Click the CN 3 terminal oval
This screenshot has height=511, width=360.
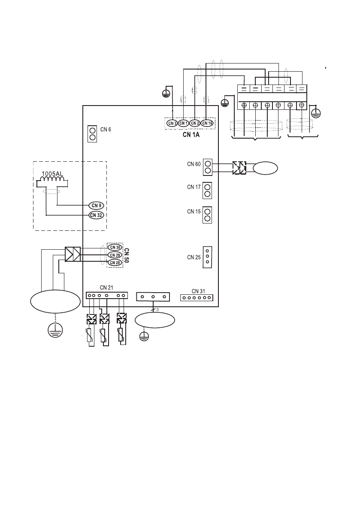click(172, 123)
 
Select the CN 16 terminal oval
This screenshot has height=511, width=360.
click(207, 123)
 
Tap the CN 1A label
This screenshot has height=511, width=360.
click(191, 134)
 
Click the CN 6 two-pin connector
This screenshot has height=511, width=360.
click(92, 134)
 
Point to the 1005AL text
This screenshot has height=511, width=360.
click(52, 174)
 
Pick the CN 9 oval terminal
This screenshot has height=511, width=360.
click(97, 206)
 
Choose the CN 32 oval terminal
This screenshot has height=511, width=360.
click(97, 215)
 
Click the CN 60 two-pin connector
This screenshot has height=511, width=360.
click(208, 167)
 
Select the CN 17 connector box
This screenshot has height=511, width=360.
click(207, 190)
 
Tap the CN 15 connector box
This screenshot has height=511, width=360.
click(207, 215)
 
